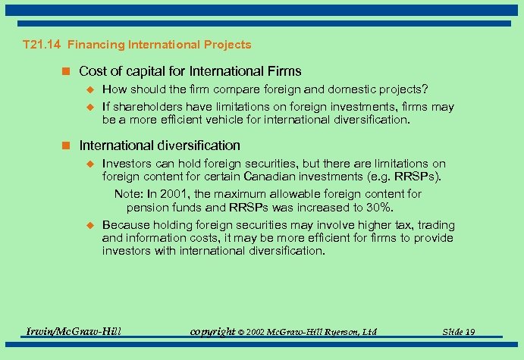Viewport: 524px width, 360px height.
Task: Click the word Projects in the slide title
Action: click(x=227, y=45)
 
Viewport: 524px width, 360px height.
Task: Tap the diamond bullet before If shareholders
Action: click(x=89, y=108)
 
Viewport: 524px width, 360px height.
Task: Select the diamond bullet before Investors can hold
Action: click(x=89, y=164)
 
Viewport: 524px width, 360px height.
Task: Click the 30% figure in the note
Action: click(x=384, y=206)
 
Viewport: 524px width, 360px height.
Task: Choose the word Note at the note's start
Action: click(x=127, y=193)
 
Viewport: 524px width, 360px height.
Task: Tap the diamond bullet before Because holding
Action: click(x=89, y=225)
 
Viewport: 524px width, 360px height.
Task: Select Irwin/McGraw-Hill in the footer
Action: click(x=74, y=331)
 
